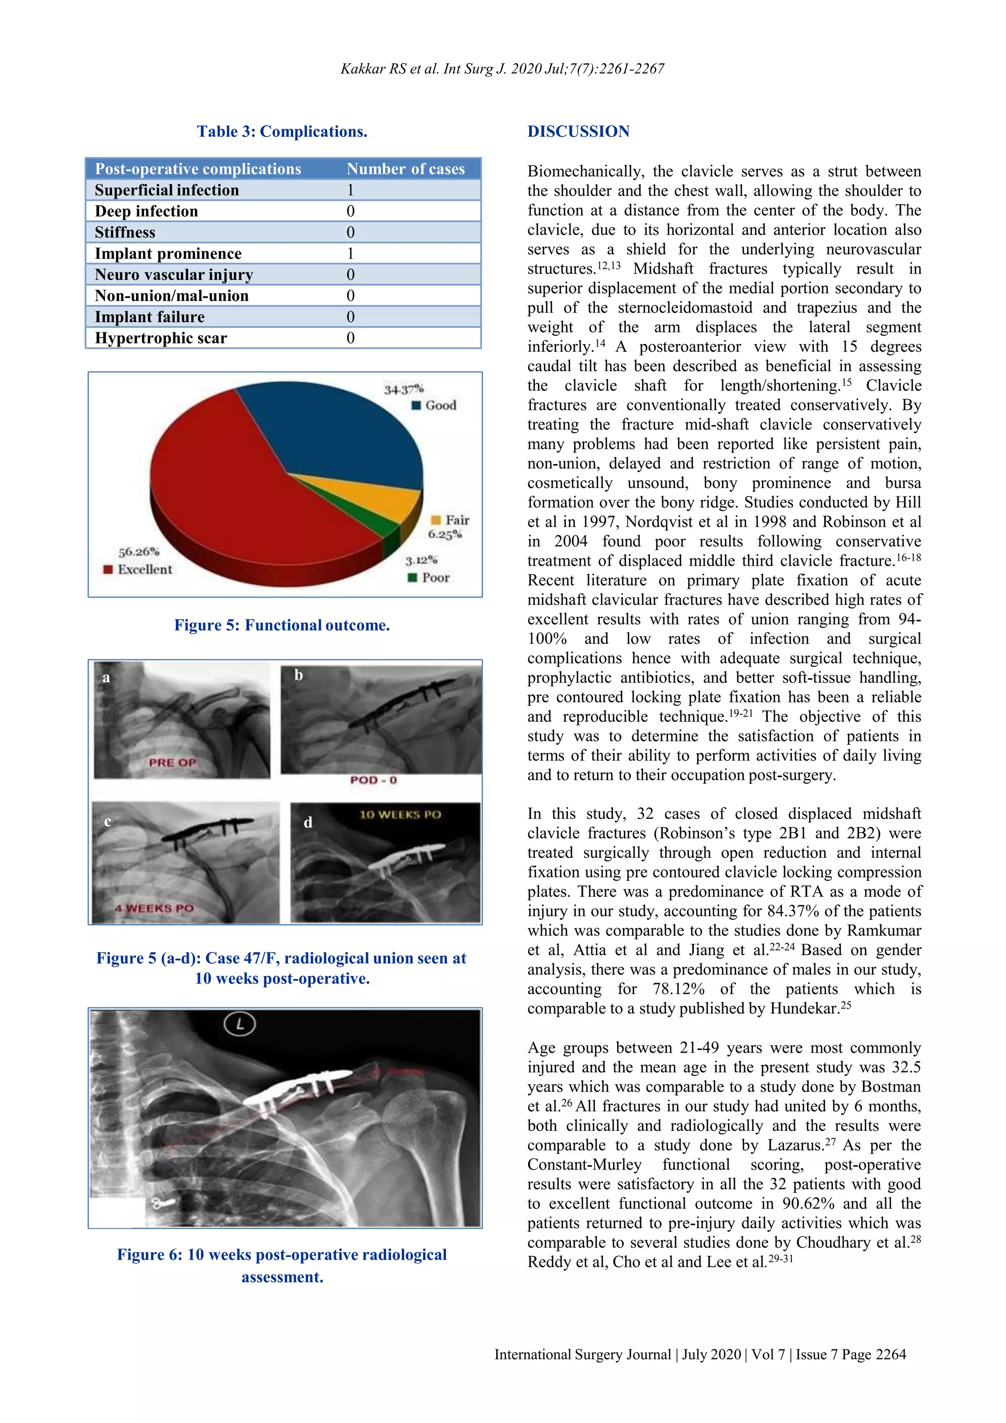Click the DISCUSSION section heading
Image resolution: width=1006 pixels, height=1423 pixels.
(578, 132)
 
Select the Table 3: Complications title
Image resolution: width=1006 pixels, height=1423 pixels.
(282, 132)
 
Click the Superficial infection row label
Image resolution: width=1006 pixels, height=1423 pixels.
(167, 190)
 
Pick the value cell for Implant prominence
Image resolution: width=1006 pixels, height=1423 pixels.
(350, 253)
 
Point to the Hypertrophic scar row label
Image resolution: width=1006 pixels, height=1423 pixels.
(161, 338)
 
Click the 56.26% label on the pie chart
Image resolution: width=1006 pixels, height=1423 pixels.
(139, 551)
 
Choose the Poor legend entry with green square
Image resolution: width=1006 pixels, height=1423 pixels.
(429, 577)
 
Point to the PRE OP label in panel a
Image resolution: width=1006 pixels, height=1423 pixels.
(172, 762)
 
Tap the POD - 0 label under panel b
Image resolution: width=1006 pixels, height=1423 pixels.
(373, 780)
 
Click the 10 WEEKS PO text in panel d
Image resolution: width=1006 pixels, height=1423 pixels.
(400, 815)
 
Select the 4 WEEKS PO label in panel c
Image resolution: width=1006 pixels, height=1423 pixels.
(154, 908)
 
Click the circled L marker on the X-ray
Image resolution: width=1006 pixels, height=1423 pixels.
(240, 1024)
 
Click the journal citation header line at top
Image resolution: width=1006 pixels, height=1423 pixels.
(502, 69)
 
